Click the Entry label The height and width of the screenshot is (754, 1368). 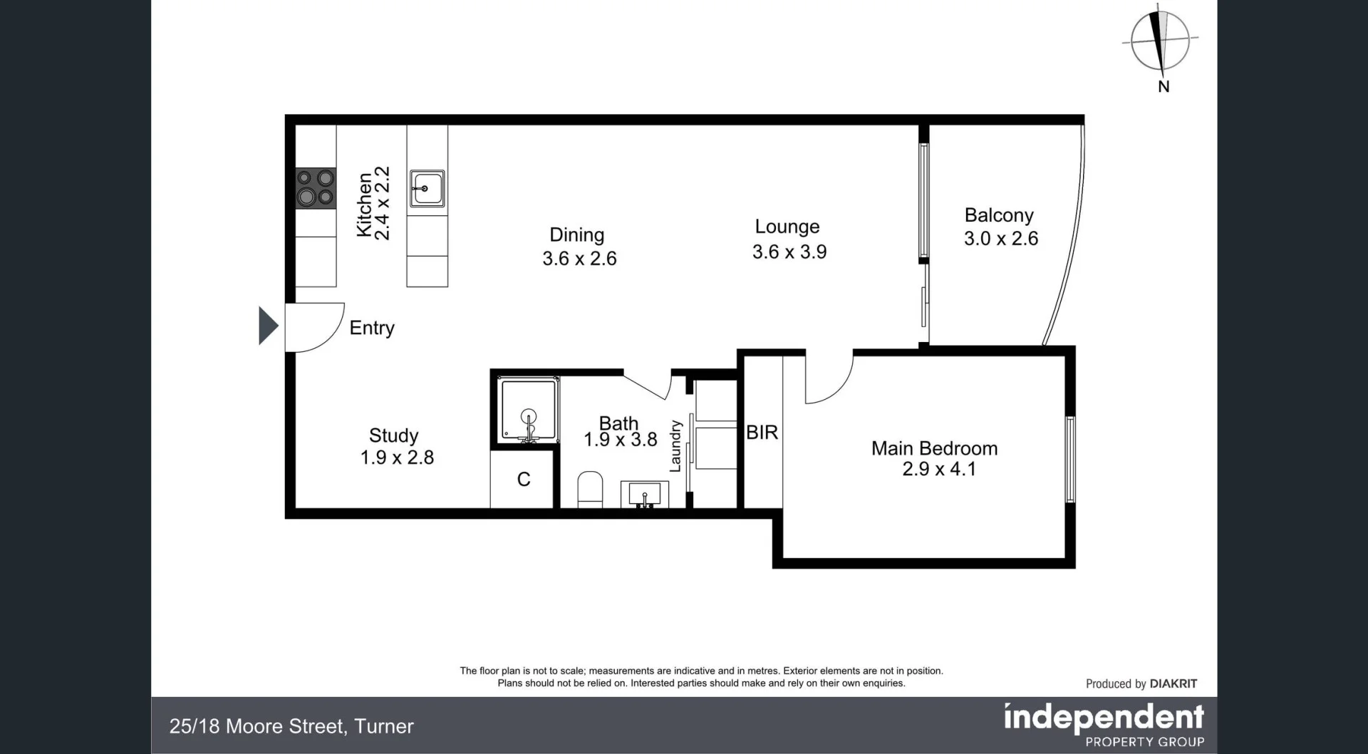pyautogui.click(x=371, y=328)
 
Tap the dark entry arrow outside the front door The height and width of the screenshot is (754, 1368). pyautogui.click(x=267, y=326)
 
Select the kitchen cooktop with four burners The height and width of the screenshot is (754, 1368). pyautogui.click(x=316, y=188)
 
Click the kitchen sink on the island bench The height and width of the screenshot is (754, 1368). pyautogui.click(x=427, y=189)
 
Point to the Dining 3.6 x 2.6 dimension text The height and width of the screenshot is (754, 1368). pyautogui.click(x=579, y=259)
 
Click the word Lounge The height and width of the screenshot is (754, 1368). pyautogui.click(x=787, y=227)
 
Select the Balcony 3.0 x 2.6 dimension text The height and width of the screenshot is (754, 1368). pyautogui.click(x=1000, y=239)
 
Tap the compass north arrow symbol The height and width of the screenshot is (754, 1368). pyautogui.click(x=1160, y=41)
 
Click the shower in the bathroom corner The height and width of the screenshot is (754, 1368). pyautogui.click(x=528, y=411)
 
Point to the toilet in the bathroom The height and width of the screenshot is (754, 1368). pyautogui.click(x=589, y=490)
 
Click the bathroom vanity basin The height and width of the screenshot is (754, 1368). pyautogui.click(x=644, y=494)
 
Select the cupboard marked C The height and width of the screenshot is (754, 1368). pyautogui.click(x=523, y=480)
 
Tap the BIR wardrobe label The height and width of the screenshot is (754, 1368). pyautogui.click(x=762, y=433)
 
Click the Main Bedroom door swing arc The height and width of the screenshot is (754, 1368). pyautogui.click(x=831, y=381)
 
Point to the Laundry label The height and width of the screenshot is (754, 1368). pyautogui.click(x=675, y=446)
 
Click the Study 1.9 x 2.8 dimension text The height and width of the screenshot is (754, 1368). pyautogui.click(x=397, y=458)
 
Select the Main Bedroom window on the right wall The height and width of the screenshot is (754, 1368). pyautogui.click(x=1069, y=459)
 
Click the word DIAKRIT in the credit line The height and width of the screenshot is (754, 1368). pyautogui.click(x=1173, y=683)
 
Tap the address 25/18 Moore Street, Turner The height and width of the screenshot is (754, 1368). pyautogui.click(x=291, y=726)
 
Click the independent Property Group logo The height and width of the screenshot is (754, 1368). pyautogui.click(x=1104, y=724)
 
